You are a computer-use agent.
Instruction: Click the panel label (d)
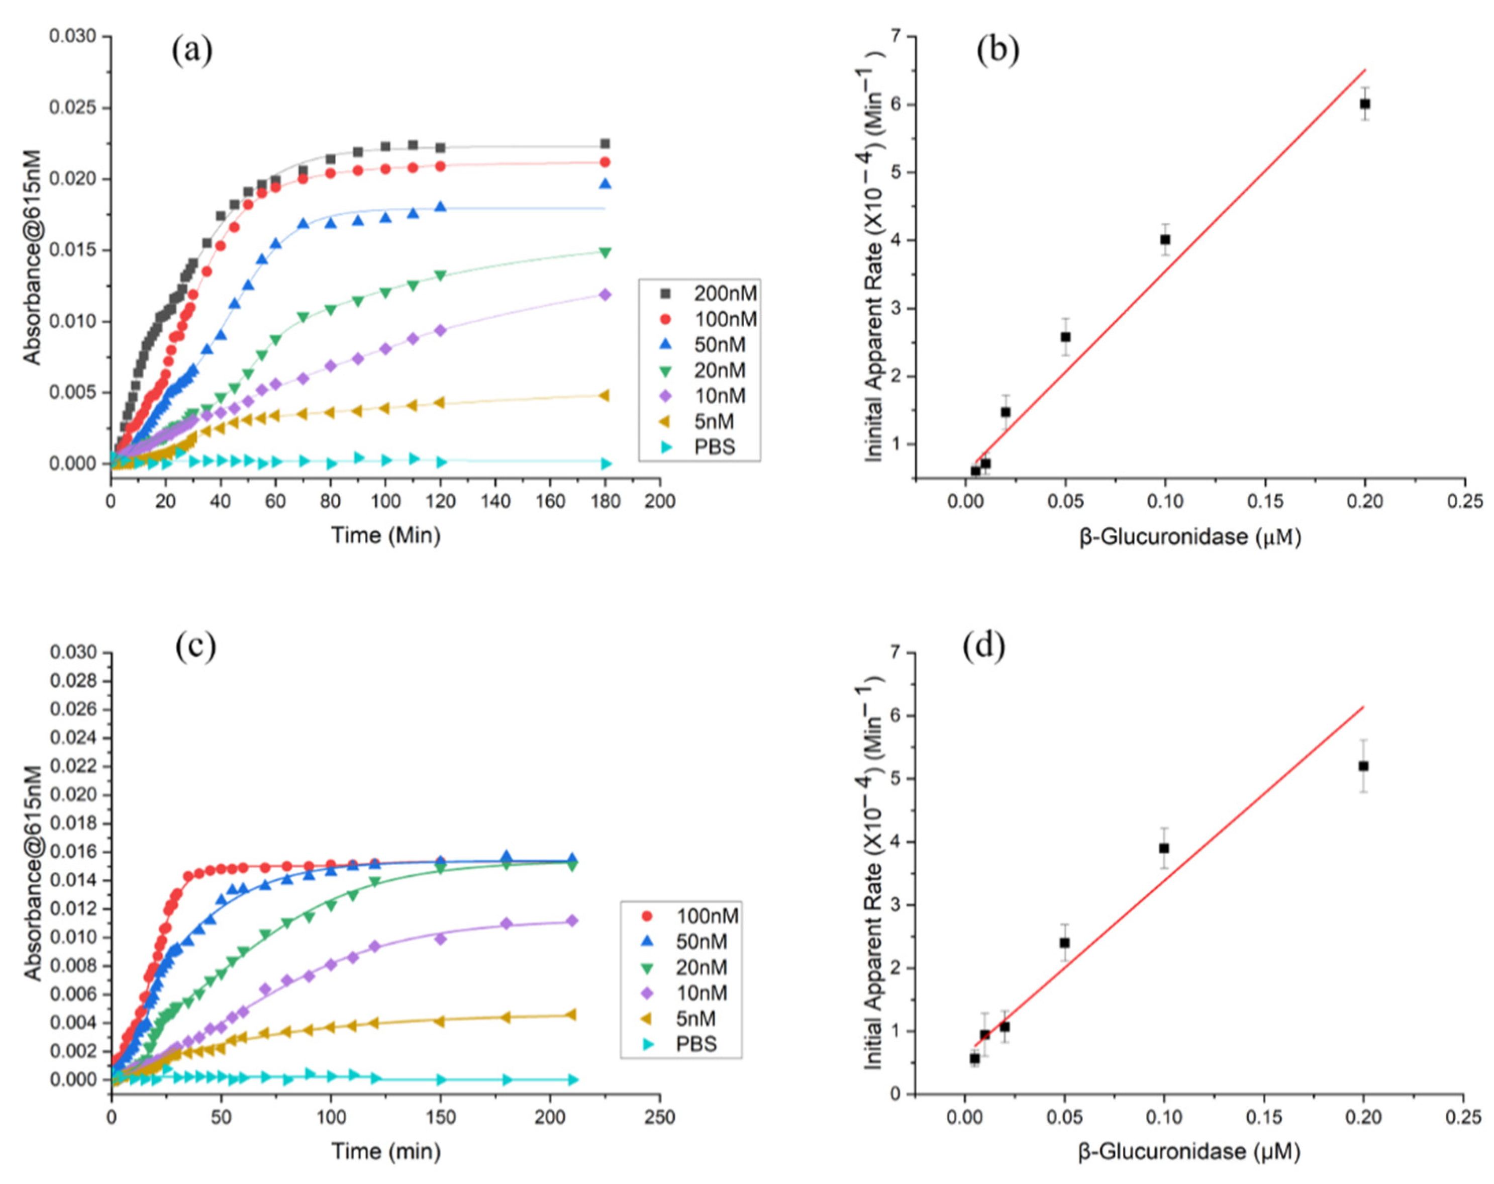coord(983,646)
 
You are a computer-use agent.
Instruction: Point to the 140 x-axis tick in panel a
coord(495,500)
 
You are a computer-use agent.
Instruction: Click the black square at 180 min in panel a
coord(605,143)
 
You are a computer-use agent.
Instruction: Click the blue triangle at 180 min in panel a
coord(605,184)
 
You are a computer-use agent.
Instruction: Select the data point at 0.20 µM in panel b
coord(1365,104)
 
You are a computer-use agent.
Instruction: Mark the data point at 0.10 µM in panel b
coord(1165,240)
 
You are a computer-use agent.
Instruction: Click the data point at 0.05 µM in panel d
coord(1064,943)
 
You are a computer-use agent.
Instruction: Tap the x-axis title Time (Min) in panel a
coord(385,535)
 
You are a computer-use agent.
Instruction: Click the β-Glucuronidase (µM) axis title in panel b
coord(1189,536)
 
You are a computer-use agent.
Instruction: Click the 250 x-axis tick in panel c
coord(659,1118)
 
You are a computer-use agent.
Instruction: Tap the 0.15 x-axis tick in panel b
coord(1265,500)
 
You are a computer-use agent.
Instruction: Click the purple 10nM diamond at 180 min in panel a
coord(605,295)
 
